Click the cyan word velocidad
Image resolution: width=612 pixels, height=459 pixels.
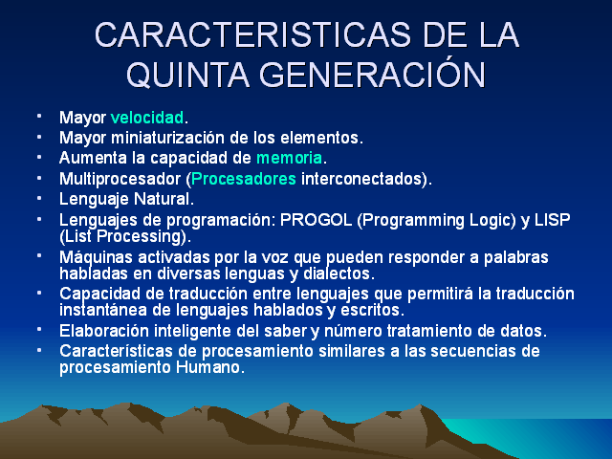pyautogui.click(x=146, y=118)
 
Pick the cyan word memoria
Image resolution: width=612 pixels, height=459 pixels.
pyautogui.click(x=289, y=158)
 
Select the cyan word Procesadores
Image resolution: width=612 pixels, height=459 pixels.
pyautogui.click(x=245, y=179)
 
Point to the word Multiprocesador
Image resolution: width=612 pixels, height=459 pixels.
pyautogui.click(x=120, y=179)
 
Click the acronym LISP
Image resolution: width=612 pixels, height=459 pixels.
pyautogui.click(x=550, y=220)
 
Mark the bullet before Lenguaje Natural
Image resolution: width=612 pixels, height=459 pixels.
pyautogui.click(x=39, y=198)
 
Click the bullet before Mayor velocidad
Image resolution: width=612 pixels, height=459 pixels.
pyautogui.click(x=39, y=116)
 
